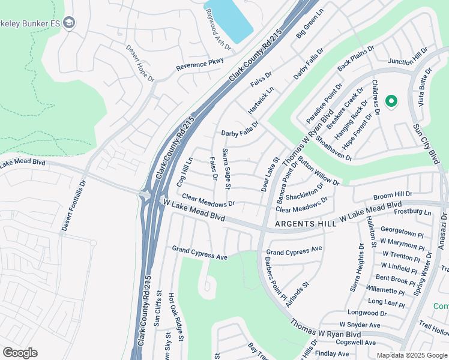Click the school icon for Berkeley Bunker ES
tap(69, 23)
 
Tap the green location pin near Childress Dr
tap(391, 101)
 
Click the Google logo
tap(20, 352)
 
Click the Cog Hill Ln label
tap(182, 172)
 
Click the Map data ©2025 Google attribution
tap(412, 355)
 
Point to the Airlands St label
tap(297, 295)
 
